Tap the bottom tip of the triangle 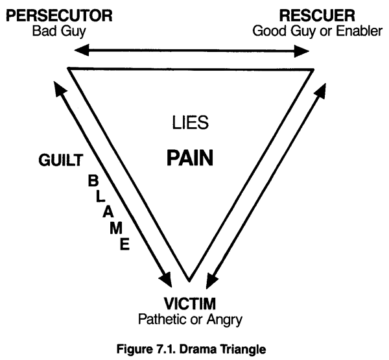(189, 280)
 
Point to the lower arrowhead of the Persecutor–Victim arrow (167, 281)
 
